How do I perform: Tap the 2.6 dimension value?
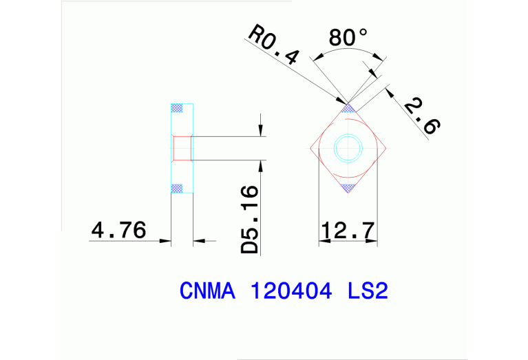click(421, 116)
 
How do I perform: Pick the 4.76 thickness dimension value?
click(118, 229)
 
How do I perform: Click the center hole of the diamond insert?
click(348, 147)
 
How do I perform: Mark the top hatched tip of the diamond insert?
click(348, 108)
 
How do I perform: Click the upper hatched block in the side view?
click(178, 108)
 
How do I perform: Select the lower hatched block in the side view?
click(178, 187)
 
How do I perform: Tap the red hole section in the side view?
click(181, 148)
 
